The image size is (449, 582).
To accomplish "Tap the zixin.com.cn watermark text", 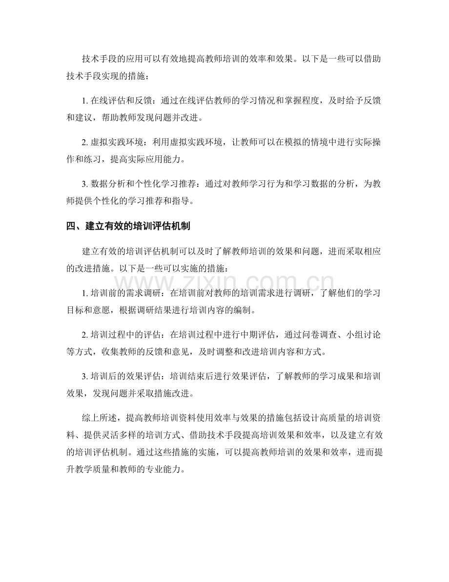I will [x=224, y=282].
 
